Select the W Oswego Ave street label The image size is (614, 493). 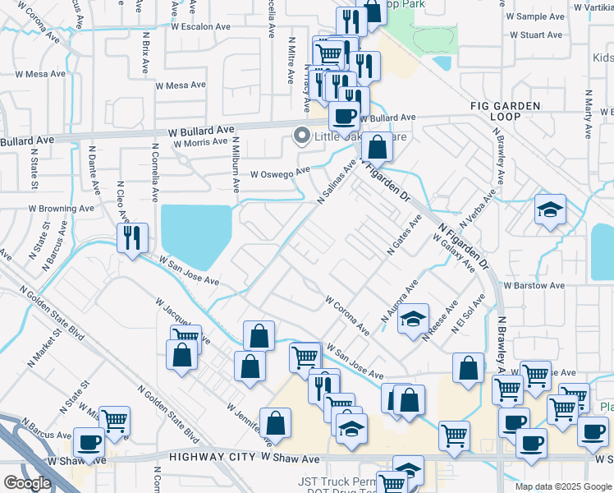[x=280, y=173]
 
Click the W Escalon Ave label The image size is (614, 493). [x=201, y=26]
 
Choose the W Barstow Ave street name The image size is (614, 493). [x=534, y=285]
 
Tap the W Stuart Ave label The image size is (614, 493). [x=535, y=35]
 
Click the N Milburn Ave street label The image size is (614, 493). [x=236, y=168]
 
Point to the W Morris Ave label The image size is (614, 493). [x=199, y=142]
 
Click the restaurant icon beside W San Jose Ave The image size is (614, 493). [x=132, y=237]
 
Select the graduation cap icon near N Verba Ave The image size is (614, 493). [x=550, y=209]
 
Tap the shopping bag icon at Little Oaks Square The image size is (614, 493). [x=377, y=148]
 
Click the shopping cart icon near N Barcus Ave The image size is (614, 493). [x=114, y=420]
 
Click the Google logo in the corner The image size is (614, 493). [x=27, y=483]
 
